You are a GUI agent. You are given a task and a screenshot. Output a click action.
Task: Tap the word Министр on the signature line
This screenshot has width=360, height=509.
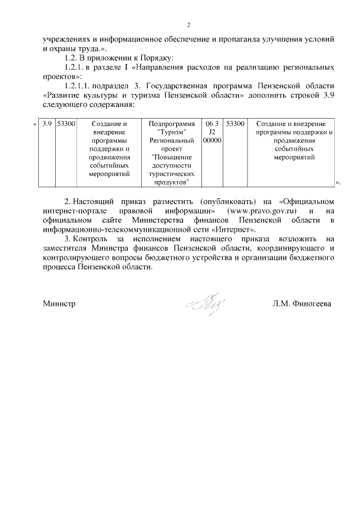point(59,304)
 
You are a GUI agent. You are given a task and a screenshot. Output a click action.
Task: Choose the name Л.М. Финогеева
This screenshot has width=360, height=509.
point(301,304)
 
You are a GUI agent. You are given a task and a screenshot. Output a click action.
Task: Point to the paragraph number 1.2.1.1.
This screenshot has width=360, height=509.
point(81,86)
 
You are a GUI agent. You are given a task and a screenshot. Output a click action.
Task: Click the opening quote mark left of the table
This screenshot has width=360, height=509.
point(35,124)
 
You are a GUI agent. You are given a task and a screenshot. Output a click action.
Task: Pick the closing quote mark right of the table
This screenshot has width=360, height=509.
point(338,182)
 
